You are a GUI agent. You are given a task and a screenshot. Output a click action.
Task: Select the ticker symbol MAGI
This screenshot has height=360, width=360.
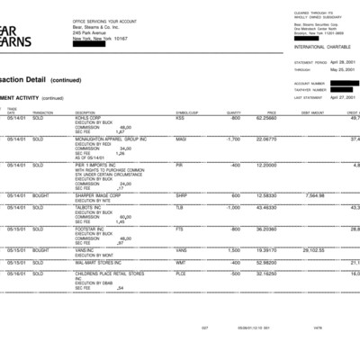[181, 139]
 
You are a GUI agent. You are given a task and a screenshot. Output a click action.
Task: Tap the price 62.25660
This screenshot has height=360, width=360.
[265, 118]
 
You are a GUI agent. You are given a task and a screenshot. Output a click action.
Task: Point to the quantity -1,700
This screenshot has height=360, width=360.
[232, 139]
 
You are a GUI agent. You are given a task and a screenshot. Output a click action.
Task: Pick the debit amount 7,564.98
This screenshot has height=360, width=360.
[314, 194]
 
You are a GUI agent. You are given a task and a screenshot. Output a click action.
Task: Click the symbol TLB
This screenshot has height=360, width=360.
[179, 207]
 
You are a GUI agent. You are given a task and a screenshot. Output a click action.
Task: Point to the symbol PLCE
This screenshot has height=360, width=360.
[180, 272]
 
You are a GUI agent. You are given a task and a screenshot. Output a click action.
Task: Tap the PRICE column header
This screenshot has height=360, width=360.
[271, 112]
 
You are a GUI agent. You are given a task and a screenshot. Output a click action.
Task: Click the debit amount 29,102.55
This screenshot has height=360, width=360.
[313, 250]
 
